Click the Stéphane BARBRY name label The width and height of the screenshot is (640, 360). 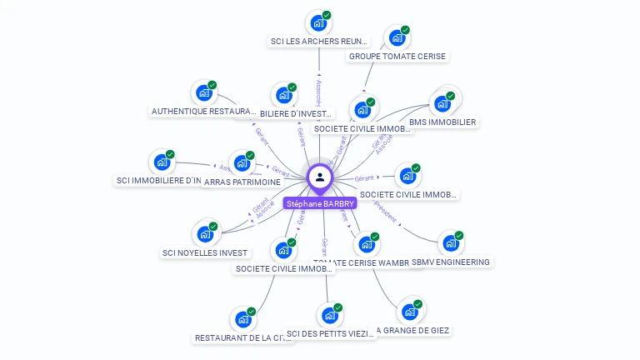320,203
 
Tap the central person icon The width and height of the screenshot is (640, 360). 320,177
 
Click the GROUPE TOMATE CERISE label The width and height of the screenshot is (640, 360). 397,57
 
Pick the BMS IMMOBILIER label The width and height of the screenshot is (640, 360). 442,122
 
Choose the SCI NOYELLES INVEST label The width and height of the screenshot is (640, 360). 205,252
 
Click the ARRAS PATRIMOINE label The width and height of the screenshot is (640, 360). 242,182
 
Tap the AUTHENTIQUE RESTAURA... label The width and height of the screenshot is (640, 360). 204,111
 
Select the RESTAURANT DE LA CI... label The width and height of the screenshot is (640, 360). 242,338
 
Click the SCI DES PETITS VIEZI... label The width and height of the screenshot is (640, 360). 330,335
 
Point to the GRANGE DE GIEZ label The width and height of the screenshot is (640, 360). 413,331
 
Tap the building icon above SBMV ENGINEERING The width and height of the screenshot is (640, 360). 450,243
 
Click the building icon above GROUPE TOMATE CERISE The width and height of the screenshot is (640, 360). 397,37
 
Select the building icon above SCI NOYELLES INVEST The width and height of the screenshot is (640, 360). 204,234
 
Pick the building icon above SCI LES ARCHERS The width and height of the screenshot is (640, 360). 317,22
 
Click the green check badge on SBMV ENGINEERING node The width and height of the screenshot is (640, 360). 458,236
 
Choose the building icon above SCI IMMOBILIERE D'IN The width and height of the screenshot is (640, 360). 161,162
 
